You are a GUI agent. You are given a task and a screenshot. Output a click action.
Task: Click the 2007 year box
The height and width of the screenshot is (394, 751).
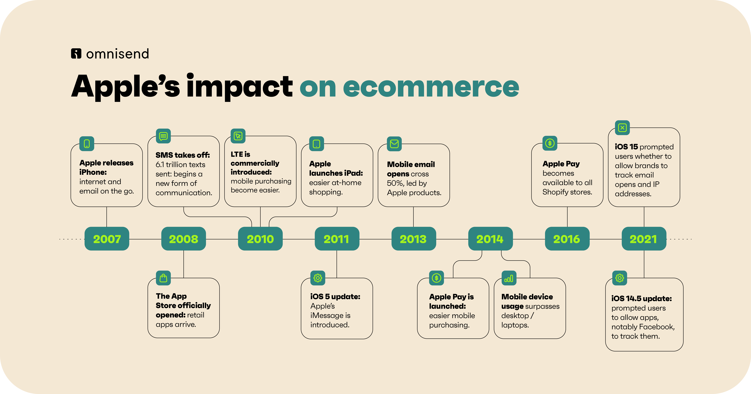click(107, 239)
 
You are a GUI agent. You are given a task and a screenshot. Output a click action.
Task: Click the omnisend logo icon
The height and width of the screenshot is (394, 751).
click(76, 54)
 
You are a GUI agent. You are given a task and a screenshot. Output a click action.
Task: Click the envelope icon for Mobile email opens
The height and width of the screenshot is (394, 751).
click(394, 144)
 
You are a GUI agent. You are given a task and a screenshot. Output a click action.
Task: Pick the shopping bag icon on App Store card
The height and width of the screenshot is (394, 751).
click(163, 278)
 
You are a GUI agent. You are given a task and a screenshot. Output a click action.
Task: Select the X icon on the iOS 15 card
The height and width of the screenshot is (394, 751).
click(622, 128)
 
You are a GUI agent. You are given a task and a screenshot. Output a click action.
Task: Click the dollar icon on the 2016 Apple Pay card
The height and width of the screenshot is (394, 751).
click(550, 143)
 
